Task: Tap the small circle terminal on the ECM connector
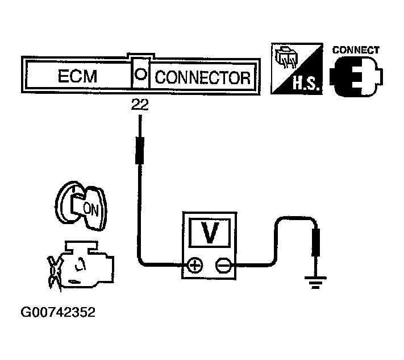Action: click(x=141, y=75)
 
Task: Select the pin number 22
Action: click(x=140, y=105)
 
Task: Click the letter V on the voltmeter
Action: click(x=210, y=234)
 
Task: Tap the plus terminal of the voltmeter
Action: click(x=195, y=264)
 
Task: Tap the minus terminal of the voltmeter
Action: click(x=223, y=264)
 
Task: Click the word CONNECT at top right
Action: click(x=356, y=50)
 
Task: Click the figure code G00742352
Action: click(x=58, y=312)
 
